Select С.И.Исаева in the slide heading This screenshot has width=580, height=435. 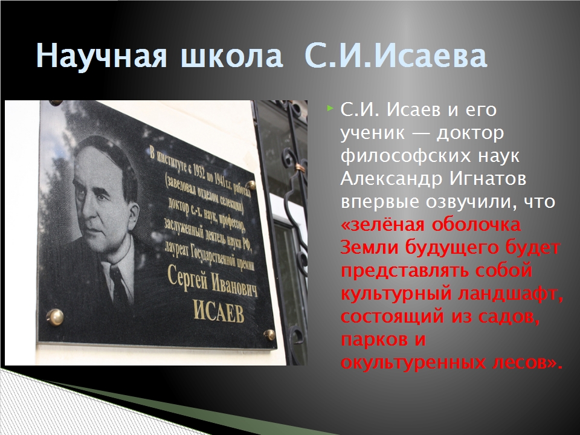point(396,56)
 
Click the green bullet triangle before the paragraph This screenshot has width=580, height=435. point(330,108)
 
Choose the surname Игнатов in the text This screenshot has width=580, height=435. point(488,179)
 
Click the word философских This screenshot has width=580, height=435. point(405,156)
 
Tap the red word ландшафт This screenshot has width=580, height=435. point(511,294)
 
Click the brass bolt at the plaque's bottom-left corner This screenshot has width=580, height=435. point(55,317)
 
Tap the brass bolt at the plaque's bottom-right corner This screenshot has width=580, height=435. point(269,334)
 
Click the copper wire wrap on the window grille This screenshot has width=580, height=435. point(300,169)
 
